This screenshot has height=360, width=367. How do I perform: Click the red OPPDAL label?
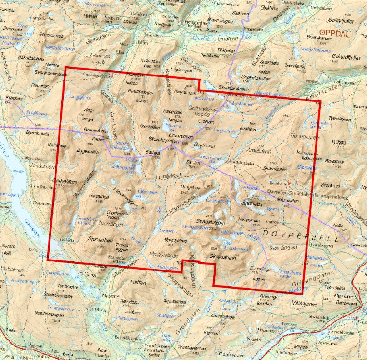point(336,33)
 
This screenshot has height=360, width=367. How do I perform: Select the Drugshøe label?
point(190,186)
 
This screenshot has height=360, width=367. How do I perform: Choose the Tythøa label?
point(339,142)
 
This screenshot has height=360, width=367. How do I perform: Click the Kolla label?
point(337,225)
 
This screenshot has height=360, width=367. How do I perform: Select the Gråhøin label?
point(248,129)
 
